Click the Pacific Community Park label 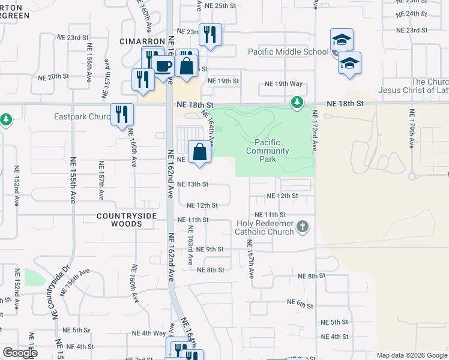tap(267, 151)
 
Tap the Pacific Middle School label tap(289, 52)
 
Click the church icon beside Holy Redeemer tap(303, 227)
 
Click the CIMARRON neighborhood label tap(142, 41)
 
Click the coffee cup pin tap(163, 65)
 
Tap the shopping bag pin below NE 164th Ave tap(200, 152)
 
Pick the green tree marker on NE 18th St tap(297, 103)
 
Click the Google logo tap(20, 353)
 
